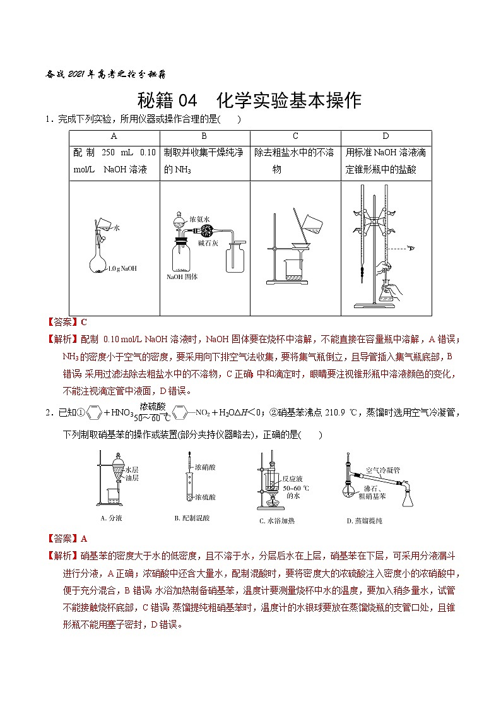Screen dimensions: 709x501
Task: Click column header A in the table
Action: (114, 136)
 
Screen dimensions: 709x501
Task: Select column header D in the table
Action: (386, 136)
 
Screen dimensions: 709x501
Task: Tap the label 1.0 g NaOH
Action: (122, 268)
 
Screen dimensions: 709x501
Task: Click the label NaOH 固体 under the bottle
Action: (182, 277)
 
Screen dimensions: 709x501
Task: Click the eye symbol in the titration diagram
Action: (411, 249)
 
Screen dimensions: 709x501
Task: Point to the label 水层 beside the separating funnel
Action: (132, 470)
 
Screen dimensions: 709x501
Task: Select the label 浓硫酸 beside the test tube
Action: (206, 497)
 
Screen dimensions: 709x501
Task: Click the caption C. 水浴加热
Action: (277, 521)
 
